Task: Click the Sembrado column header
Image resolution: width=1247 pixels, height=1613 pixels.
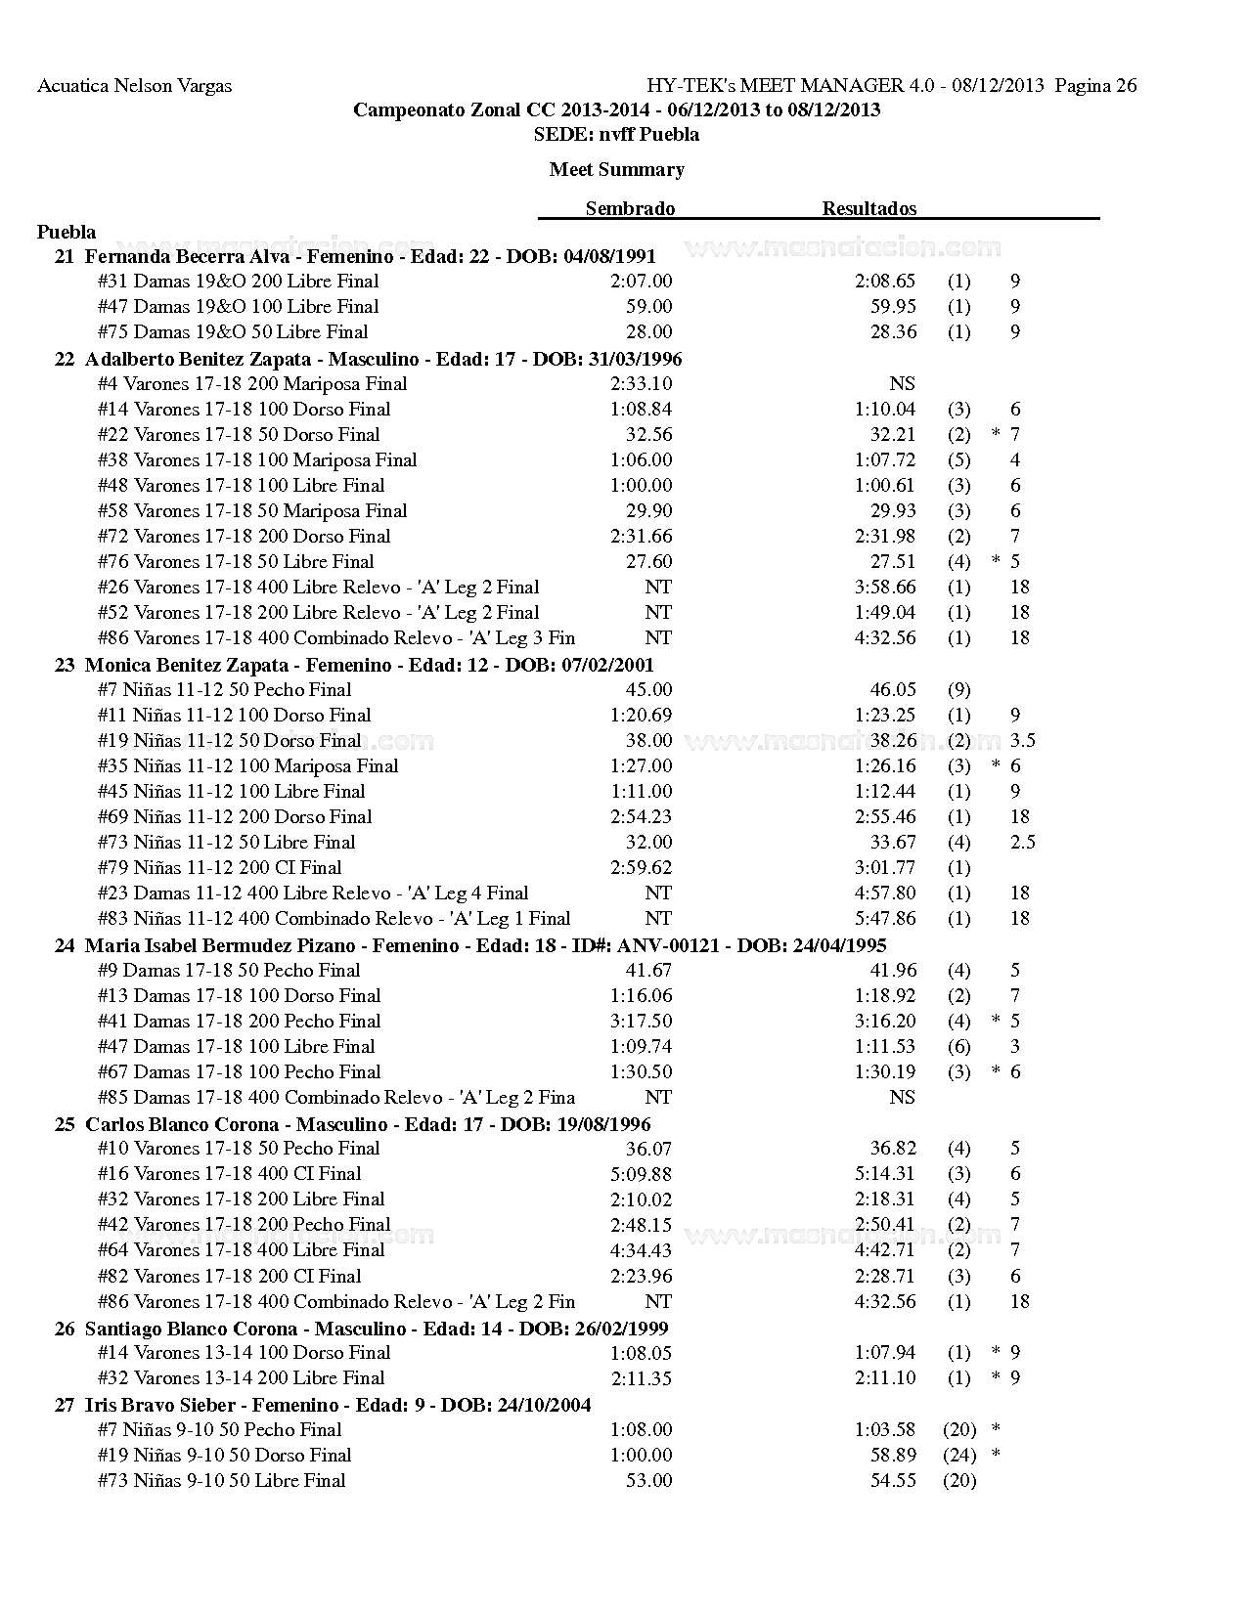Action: point(630,208)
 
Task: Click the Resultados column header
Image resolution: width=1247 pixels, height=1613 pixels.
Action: point(868,208)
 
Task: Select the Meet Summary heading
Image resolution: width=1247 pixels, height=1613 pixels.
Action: point(616,169)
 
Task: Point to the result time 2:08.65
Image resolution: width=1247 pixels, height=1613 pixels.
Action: point(884,282)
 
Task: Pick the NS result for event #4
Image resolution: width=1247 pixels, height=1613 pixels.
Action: point(902,383)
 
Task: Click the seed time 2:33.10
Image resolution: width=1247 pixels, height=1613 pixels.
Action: point(641,383)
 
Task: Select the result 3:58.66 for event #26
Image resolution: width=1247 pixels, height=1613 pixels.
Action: point(884,587)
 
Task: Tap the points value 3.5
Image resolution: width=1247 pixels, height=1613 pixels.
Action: point(1022,740)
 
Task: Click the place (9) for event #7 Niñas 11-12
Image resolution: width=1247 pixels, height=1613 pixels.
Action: point(958,689)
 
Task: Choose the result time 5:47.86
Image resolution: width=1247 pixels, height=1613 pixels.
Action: point(884,918)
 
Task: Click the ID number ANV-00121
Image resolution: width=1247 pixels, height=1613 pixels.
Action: point(671,945)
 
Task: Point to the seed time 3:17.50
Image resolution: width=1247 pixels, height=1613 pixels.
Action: point(641,1021)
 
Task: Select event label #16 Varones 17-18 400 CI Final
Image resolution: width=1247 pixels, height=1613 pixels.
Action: point(229,1173)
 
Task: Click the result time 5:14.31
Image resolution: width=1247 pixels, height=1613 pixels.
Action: point(884,1173)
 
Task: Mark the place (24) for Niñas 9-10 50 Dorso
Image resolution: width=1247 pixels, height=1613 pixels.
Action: point(959,1455)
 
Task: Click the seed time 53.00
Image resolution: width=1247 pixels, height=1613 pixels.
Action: point(648,1480)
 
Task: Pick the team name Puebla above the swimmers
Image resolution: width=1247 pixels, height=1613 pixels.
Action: point(67,232)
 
